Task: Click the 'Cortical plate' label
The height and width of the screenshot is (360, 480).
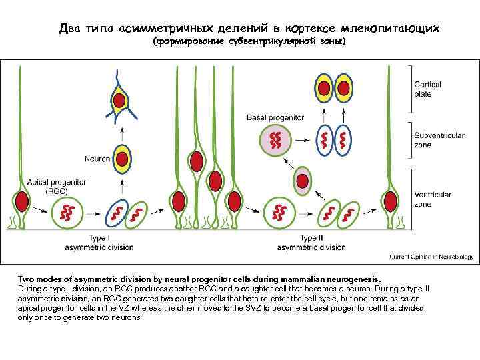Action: click(427, 89)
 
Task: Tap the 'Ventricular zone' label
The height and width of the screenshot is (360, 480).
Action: click(433, 199)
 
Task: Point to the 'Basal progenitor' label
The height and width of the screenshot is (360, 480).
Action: click(275, 117)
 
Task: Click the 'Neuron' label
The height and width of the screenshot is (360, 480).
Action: click(97, 159)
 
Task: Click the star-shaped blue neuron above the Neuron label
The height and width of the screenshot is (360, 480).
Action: click(120, 101)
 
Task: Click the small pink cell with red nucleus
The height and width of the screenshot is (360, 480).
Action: click(303, 180)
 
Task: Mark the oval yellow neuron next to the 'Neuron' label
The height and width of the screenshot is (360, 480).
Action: click(121, 158)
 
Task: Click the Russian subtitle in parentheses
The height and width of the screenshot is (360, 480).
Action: click(249, 42)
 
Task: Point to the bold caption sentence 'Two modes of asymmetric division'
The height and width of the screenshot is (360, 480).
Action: click(200, 277)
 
